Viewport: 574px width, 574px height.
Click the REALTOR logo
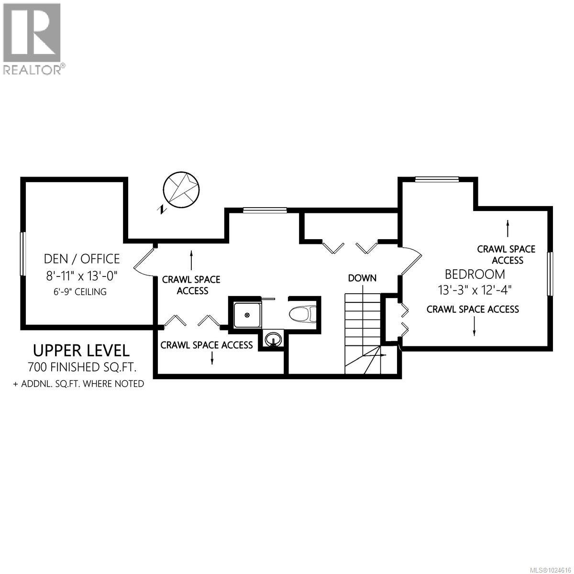(x=32, y=38)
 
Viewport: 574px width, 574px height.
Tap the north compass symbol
(x=181, y=189)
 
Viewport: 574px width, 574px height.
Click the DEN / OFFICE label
(x=82, y=259)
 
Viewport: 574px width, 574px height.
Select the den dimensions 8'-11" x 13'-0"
(x=82, y=276)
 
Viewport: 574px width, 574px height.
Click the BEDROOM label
(x=475, y=274)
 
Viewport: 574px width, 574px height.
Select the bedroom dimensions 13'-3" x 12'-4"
(x=475, y=290)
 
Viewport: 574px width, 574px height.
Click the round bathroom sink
(x=274, y=339)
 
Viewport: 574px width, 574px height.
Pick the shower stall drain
(x=247, y=315)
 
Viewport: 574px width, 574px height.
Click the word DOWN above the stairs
(x=362, y=278)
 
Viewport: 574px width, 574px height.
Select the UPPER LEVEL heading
(x=81, y=350)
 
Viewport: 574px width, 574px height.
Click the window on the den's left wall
(x=22, y=254)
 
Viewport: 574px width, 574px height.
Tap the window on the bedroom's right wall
(x=550, y=275)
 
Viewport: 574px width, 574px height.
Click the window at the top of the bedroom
(x=437, y=179)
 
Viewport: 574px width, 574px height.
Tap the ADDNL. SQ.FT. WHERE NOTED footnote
(x=79, y=384)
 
